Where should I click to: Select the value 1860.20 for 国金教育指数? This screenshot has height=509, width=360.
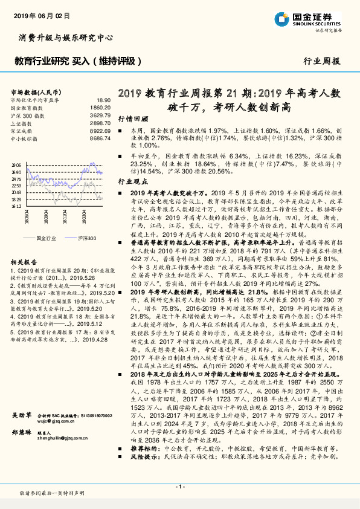click(x=101, y=107)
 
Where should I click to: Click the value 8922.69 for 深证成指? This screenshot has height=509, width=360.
click(x=101, y=131)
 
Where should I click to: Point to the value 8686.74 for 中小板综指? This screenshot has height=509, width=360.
click(x=101, y=138)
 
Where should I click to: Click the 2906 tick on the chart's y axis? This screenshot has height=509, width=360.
click(x=16, y=164)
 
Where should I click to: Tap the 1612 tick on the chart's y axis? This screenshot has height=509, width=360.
click(x=16, y=206)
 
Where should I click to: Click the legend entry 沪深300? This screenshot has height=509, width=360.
click(x=86, y=238)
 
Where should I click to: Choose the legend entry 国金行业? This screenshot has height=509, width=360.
click(x=46, y=238)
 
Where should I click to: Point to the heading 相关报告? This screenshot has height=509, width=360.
click(x=25, y=262)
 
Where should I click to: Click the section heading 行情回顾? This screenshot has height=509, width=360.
click(x=132, y=120)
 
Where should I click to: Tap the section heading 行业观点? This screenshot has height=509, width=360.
click(x=132, y=181)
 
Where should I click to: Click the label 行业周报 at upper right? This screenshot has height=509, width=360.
click(x=321, y=61)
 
